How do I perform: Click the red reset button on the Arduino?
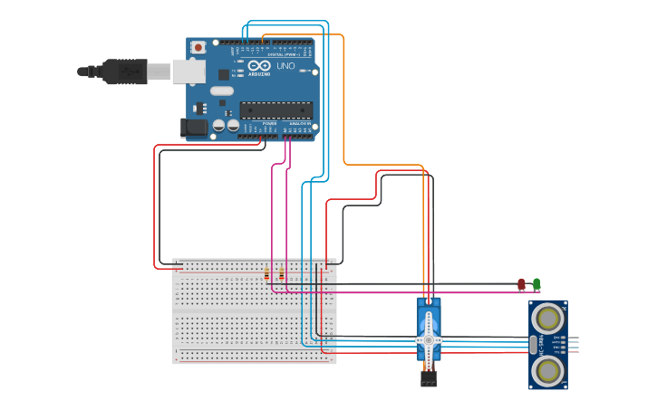click(x=198, y=47)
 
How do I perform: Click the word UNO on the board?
click(x=285, y=66)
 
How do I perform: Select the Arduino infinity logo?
click(x=258, y=66)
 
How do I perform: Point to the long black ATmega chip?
click(x=275, y=110)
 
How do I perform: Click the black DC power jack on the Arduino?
click(x=193, y=129)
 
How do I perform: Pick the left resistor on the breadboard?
click(x=266, y=273)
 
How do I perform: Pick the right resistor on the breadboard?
click(x=281, y=273)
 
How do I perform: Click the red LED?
click(x=521, y=284)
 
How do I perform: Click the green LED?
click(x=536, y=284)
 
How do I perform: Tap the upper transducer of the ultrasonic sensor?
click(x=546, y=318)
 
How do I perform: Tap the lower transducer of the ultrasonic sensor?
click(x=546, y=369)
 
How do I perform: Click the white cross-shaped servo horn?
click(x=429, y=340)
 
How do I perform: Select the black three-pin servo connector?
click(x=429, y=378)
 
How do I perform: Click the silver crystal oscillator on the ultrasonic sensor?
click(x=533, y=343)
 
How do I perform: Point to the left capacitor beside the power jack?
click(x=218, y=126)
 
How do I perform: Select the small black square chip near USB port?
click(x=223, y=74)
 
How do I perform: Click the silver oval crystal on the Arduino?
click(x=221, y=91)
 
